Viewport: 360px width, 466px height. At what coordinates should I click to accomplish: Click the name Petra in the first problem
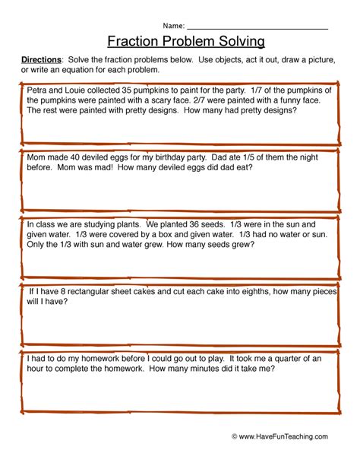[x=37, y=89]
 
